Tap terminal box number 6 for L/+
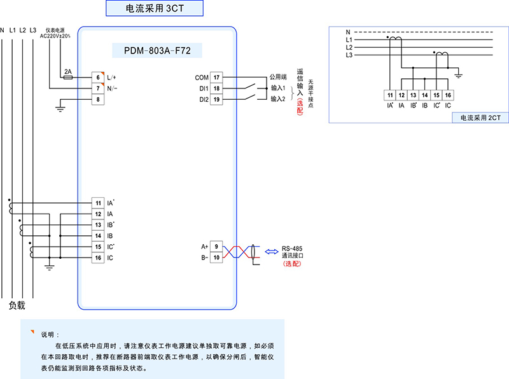tap(98, 77)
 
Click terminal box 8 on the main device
tap(98, 99)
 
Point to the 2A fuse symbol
tap(68, 77)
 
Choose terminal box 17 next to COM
tap(216, 77)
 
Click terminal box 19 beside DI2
tap(216, 99)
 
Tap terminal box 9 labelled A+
tap(216, 246)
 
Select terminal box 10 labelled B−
tap(216, 258)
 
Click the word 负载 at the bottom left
tap(17, 305)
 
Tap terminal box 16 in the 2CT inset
tap(449, 95)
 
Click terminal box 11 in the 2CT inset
tap(389, 95)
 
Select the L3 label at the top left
tap(33, 30)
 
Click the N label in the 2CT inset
tap(348, 32)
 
